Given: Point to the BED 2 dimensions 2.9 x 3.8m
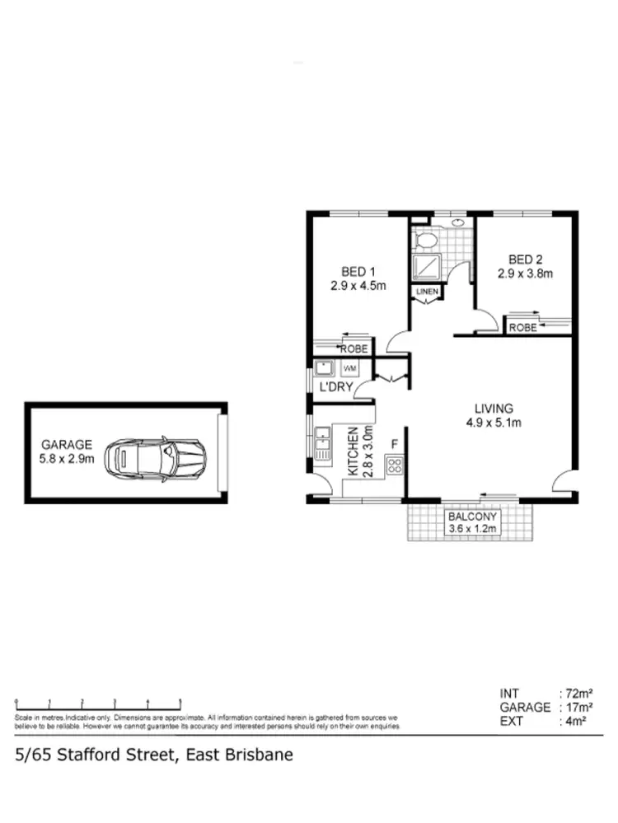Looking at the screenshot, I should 524,274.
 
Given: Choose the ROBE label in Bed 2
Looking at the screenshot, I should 522,327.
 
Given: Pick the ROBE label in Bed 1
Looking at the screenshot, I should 354,349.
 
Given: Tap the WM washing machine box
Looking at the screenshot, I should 349,367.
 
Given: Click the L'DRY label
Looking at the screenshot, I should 335,386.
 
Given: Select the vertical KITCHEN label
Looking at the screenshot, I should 353,452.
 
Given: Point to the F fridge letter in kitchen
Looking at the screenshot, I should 395,446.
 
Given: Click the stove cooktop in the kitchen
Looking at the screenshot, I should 395,467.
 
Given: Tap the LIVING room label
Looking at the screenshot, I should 494,408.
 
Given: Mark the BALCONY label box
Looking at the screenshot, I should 472,522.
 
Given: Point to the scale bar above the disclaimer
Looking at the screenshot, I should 98,702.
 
